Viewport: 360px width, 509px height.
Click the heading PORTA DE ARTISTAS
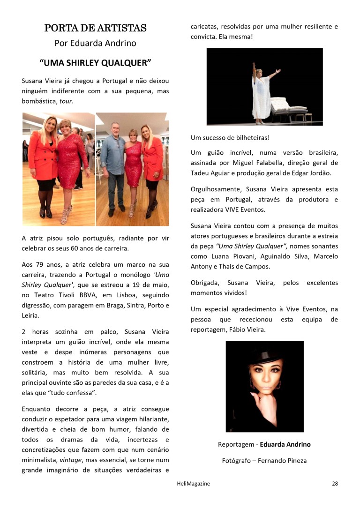click(x=95, y=28)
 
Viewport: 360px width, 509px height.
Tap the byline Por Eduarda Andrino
click(x=95, y=43)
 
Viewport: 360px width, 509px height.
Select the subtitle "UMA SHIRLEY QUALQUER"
click(x=95, y=62)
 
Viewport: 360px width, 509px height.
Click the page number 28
click(x=335, y=484)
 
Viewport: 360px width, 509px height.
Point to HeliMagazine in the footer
click(x=190, y=484)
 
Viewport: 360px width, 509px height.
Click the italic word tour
click(x=66, y=101)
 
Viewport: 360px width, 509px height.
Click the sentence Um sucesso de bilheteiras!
click(x=230, y=138)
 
